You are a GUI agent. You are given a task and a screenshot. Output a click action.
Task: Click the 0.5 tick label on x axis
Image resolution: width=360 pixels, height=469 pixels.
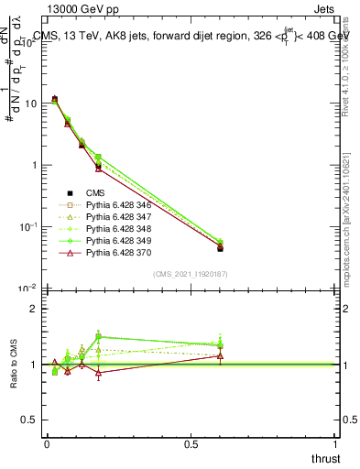(x=191, y=445)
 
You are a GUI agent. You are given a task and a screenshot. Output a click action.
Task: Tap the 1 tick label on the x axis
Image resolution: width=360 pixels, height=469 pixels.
(x=336, y=445)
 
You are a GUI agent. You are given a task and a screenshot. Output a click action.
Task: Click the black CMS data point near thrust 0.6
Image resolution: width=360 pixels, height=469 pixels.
(x=220, y=248)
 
